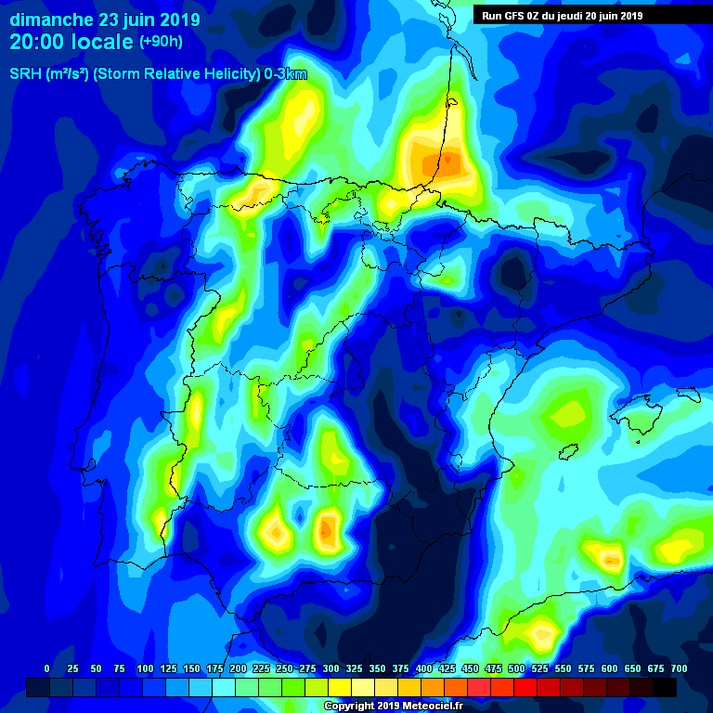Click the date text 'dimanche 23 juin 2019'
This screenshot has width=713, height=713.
point(103,19)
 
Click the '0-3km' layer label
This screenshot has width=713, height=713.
point(284,74)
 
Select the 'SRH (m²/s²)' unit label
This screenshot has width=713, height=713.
point(48,74)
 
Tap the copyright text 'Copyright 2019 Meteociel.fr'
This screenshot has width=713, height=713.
point(393,706)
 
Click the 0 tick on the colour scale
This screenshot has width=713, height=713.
point(47,668)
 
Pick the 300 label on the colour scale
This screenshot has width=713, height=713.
point(331,668)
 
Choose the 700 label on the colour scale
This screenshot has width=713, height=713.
point(680,668)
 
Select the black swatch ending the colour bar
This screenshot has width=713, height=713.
point(665,687)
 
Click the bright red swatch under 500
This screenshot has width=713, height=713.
point(525,687)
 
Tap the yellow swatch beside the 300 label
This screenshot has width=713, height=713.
point(340,687)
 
